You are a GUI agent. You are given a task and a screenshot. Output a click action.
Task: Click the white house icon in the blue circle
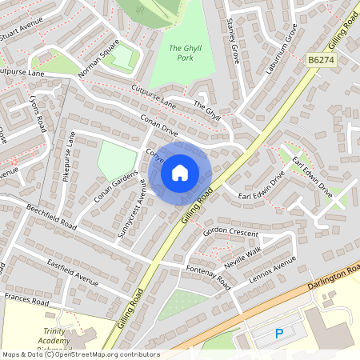pos(180,172)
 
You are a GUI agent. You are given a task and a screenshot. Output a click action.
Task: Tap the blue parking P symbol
pos(279,334)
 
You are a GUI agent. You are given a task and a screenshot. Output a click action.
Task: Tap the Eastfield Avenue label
pos(72,273)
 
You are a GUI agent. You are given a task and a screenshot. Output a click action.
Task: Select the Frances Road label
pos(27,300)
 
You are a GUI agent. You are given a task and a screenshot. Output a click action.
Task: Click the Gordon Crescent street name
pos(232,232)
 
